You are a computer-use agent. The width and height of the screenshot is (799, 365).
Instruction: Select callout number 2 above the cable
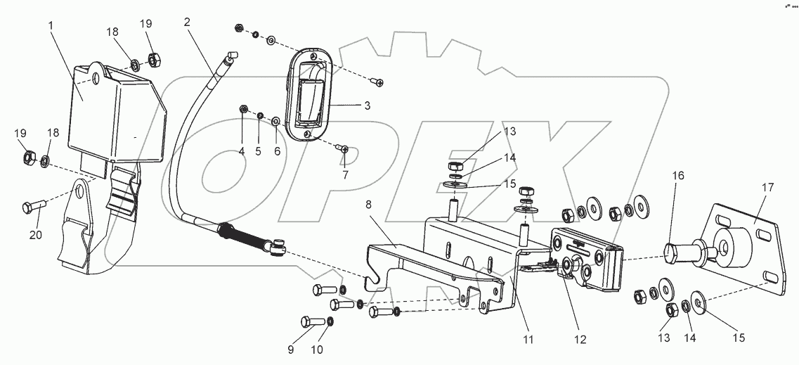click(x=188, y=22)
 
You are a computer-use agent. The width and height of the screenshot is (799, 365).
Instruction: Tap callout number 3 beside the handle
click(x=367, y=106)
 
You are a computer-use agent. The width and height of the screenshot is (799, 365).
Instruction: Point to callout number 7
click(x=345, y=175)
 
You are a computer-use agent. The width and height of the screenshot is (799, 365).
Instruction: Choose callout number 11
click(x=528, y=339)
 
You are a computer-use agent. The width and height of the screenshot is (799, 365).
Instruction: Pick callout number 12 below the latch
click(x=580, y=340)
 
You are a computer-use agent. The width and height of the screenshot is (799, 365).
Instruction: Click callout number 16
click(x=677, y=176)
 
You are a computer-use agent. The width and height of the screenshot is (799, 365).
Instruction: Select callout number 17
click(x=768, y=188)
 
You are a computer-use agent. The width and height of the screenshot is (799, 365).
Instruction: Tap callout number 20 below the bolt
click(x=36, y=235)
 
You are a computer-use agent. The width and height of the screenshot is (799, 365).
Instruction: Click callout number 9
click(x=291, y=350)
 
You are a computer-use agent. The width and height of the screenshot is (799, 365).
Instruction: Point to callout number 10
click(x=317, y=350)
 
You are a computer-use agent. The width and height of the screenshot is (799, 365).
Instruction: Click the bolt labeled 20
click(x=34, y=207)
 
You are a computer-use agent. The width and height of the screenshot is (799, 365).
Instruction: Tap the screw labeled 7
click(x=342, y=148)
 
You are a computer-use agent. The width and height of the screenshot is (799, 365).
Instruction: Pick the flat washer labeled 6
click(x=275, y=121)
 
